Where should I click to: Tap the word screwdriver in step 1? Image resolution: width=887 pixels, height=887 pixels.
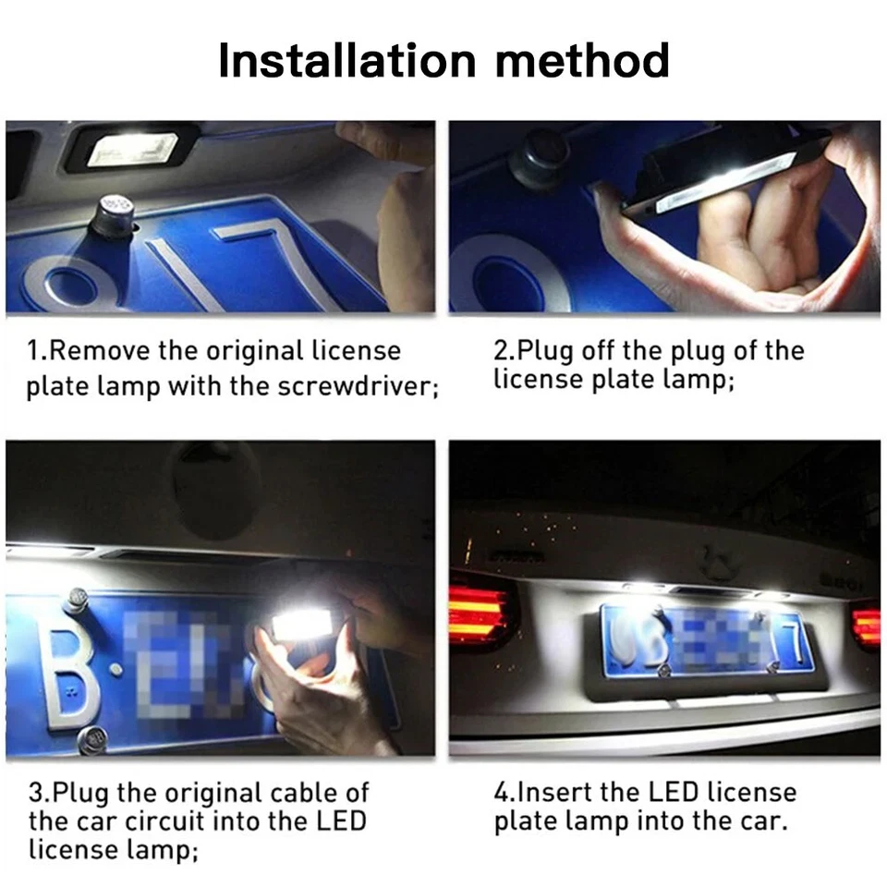(x=356, y=385)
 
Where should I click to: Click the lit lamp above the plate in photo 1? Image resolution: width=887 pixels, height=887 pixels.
(x=132, y=149)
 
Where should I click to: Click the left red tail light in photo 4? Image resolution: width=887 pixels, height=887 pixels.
(x=478, y=614)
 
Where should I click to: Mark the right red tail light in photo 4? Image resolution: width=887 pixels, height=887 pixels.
(x=866, y=626)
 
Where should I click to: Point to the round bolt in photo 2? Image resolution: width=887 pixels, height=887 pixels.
(x=541, y=158)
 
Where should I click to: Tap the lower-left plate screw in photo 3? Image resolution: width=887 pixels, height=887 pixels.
(x=92, y=739)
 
